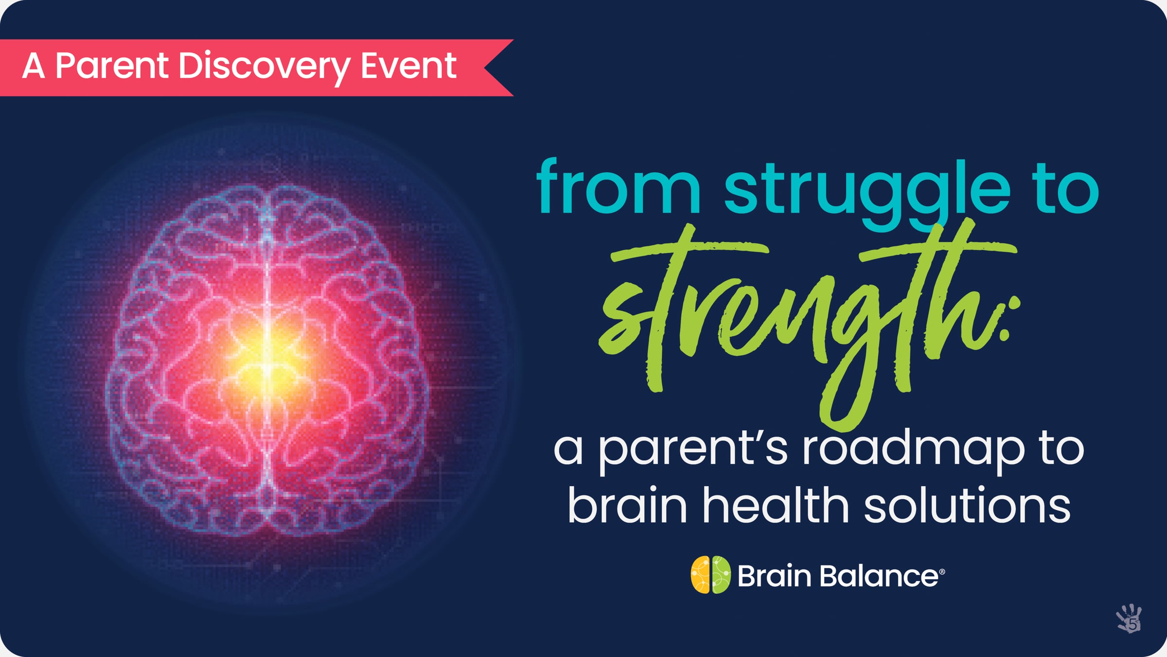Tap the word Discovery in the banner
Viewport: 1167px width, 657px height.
264,67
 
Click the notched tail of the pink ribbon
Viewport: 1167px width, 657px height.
496,68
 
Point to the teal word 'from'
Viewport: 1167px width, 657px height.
618,187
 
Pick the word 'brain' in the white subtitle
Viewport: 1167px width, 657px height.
627,506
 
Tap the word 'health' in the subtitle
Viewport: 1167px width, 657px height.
776,506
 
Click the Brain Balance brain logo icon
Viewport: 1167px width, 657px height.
710,575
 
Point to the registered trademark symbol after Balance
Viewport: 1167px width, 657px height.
942,572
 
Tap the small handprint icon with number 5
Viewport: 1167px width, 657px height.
1129,619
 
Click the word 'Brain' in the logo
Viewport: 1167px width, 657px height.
774,576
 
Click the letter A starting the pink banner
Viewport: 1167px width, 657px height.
34,66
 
